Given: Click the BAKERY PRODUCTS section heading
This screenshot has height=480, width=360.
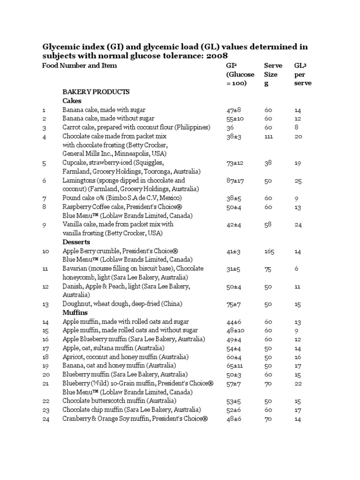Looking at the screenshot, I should (x=96, y=92).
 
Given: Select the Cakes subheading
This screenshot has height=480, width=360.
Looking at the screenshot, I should (x=72, y=101).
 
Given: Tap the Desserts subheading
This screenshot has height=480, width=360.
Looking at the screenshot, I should (x=76, y=242).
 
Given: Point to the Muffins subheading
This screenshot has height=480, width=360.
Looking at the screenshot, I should (x=75, y=313).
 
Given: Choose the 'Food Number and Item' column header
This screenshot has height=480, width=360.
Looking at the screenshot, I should (x=79, y=66).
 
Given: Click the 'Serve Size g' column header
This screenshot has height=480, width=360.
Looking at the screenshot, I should (x=273, y=74).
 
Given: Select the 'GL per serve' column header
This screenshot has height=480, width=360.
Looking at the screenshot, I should (x=302, y=74).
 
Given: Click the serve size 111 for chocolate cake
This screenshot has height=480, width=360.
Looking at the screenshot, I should (x=269, y=136).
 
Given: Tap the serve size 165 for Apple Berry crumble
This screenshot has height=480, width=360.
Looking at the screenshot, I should (x=269, y=252).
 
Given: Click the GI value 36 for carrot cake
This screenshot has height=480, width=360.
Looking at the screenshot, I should (x=230, y=127).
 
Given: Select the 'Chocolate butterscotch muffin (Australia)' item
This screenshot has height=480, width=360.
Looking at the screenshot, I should (x=120, y=401).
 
